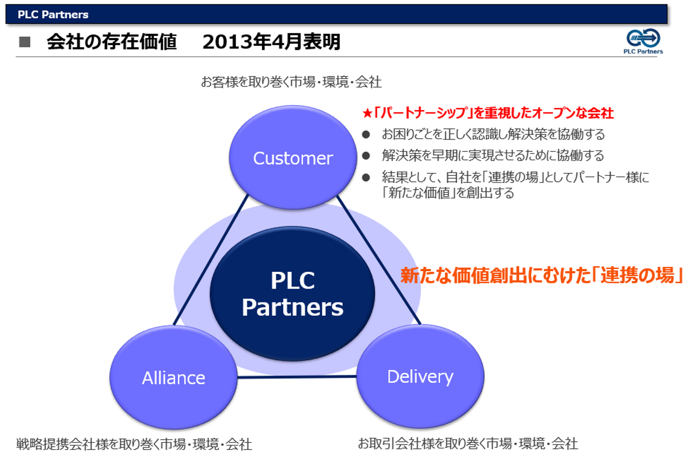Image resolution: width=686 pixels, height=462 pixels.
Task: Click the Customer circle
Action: pyautogui.click(x=293, y=158)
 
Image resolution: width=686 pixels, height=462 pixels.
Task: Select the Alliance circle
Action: pyautogui.click(x=173, y=378)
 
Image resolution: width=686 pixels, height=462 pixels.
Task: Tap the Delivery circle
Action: pyautogui.click(x=420, y=376)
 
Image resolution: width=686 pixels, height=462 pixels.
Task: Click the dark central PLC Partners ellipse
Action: pyautogui.click(x=293, y=294)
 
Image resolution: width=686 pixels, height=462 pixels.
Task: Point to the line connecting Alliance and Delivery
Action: pyautogui.click(x=297, y=377)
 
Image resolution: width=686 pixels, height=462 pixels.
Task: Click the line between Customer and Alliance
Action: pyautogui.click(x=211, y=260)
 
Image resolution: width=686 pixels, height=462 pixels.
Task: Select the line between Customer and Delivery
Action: pyautogui.click(x=379, y=260)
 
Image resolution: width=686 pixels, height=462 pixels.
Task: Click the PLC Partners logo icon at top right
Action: pyautogui.click(x=644, y=38)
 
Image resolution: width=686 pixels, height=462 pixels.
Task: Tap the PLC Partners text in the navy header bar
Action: pyautogui.click(x=53, y=14)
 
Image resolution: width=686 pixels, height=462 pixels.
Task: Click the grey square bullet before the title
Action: pyautogui.click(x=25, y=42)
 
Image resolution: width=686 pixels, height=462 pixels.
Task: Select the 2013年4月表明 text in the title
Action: pyautogui.click(x=272, y=41)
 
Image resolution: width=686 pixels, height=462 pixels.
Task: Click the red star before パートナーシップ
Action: pyautogui.click(x=367, y=113)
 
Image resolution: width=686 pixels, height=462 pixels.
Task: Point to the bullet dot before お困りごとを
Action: pyautogui.click(x=366, y=134)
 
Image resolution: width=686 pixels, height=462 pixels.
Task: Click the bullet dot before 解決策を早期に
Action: pyautogui.click(x=366, y=156)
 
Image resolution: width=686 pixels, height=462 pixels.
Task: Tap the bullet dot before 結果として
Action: pyautogui.click(x=366, y=178)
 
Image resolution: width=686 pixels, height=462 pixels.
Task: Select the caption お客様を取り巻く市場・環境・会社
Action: pyautogui.click(x=291, y=82)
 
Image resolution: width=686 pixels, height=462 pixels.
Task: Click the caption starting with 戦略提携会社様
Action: pyautogui.click(x=134, y=444)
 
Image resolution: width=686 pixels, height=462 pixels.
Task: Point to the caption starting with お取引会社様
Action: pyautogui.click(x=468, y=443)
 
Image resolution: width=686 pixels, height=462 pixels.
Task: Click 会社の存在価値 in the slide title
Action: pyautogui.click(x=112, y=41)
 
